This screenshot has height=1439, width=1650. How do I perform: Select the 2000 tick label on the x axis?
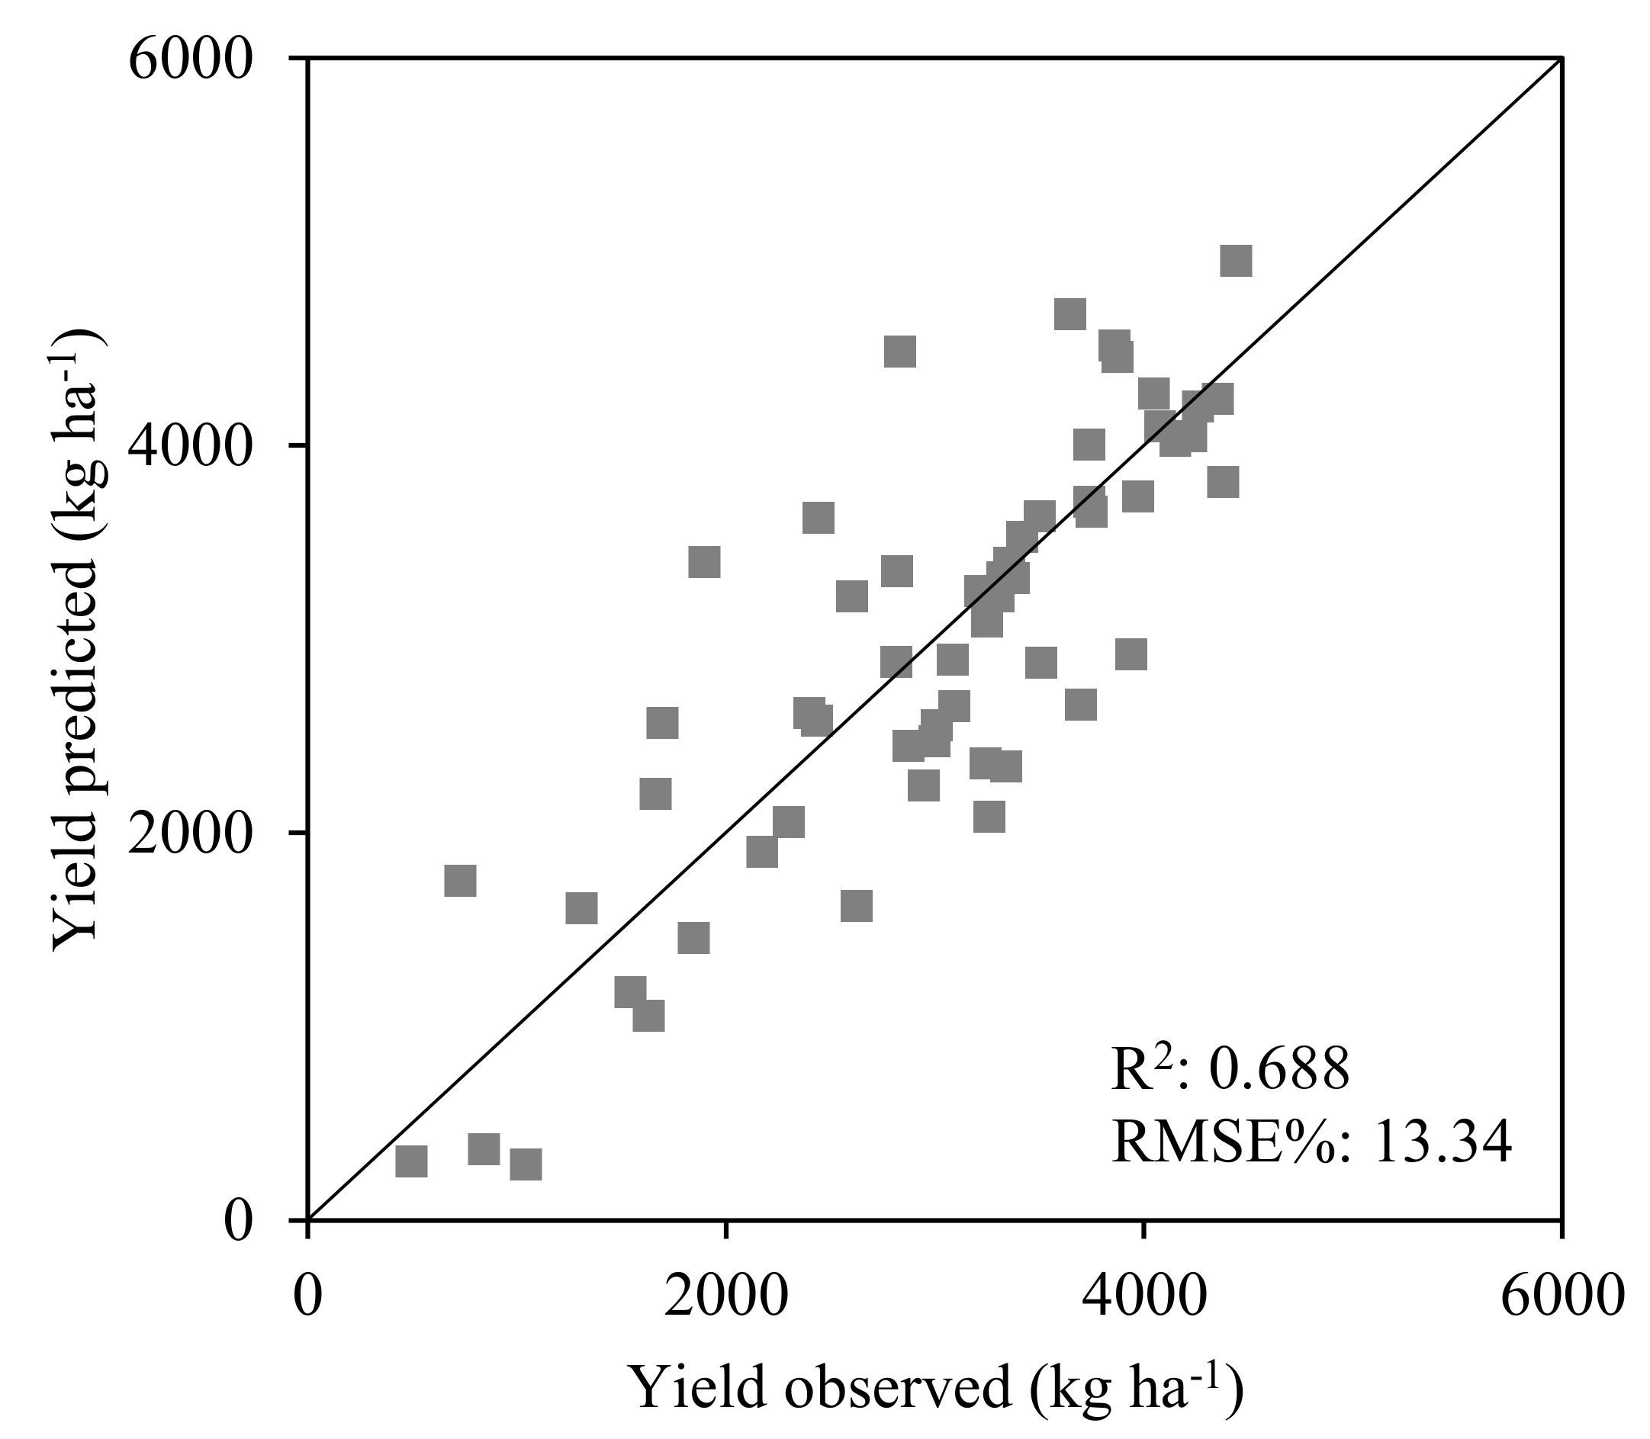[x=725, y=1298]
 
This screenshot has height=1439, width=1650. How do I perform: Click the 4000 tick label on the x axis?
[x=1142, y=1298]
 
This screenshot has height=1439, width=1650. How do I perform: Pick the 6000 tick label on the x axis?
[x=1560, y=1298]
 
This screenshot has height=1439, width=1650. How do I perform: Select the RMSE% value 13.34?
[x=1442, y=1142]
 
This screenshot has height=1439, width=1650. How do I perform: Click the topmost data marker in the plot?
[x=1236, y=261]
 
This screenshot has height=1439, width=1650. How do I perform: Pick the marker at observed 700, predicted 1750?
[x=460, y=881]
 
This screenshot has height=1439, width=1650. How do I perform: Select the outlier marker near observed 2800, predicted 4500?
[x=899, y=352]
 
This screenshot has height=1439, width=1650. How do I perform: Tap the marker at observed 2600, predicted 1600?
[x=857, y=906]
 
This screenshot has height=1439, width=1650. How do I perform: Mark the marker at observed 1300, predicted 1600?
[x=581, y=908]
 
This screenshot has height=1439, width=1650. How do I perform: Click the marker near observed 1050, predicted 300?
[x=526, y=1164]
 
